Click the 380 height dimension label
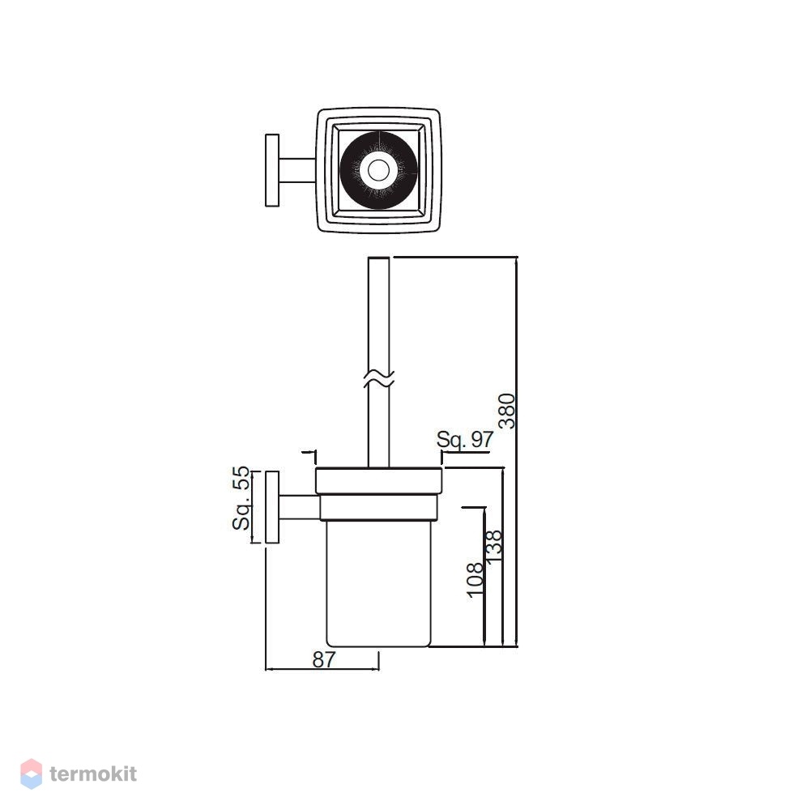[508, 411]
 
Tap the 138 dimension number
[494, 546]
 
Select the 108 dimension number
[475, 580]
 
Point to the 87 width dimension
[324, 659]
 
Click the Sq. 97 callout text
[465, 439]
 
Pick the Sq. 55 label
[241, 498]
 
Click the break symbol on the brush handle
[378, 378]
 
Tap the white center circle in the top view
[378, 169]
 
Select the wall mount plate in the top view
[272, 170]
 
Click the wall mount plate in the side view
[272, 507]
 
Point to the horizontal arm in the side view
[300, 507]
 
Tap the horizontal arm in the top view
[297, 170]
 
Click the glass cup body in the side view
[378, 583]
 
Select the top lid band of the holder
[378, 481]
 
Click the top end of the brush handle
[378, 258]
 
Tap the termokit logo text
[93, 774]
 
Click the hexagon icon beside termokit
[31, 774]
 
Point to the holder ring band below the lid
[378, 507]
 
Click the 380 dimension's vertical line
[517, 451]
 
